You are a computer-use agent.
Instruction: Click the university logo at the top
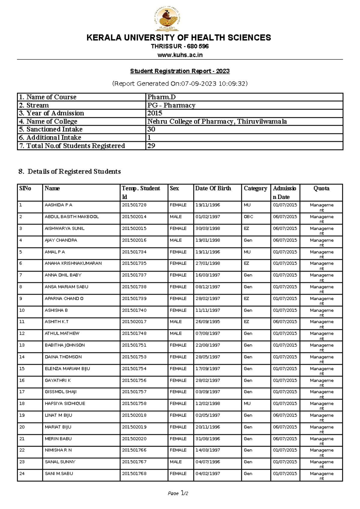click(x=167, y=19)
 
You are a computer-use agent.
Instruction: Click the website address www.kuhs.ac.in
click(x=180, y=55)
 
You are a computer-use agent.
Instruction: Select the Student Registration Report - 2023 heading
click(x=180, y=71)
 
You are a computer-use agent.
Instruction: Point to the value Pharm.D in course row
click(x=161, y=97)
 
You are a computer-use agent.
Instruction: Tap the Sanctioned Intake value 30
click(x=151, y=129)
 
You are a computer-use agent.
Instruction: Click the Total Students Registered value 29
click(x=151, y=146)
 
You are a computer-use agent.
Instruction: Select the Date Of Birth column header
click(x=213, y=188)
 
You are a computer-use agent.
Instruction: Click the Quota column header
click(x=321, y=188)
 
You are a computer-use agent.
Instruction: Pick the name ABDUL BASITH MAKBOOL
click(x=72, y=217)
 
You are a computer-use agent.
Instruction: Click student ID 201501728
click(x=134, y=205)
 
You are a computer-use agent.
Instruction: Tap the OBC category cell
click(x=248, y=217)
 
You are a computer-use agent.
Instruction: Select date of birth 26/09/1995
click(x=208, y=322)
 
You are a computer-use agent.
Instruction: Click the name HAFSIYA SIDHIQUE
click(x=65, y=404)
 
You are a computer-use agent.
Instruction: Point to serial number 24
click(x=22, y=474)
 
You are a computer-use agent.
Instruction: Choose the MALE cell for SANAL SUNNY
click(x=176, y=462)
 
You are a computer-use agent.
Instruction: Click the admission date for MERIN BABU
click(x=285, y=439)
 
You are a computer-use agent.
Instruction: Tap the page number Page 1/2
click(x=178, y=493)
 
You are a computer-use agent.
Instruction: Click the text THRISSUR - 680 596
click(x=180, y=47)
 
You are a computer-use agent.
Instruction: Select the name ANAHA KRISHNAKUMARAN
click(x=73, y=263)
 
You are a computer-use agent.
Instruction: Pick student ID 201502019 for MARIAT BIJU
click(x=134, y=427)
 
